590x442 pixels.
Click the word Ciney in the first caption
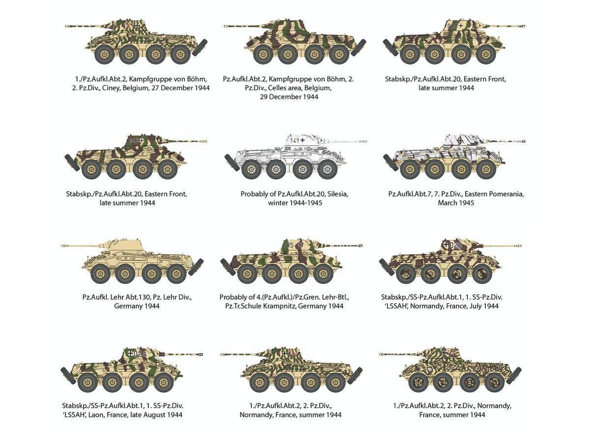pos(117,88)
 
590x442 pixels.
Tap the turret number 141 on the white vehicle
pos(294,140)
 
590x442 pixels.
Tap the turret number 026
pos(455,245)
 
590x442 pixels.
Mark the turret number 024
pos(140,353)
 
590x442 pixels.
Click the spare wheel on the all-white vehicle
pos(231,163)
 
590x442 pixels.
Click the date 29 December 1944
pos(289,97)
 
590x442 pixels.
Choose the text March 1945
pos(456,203)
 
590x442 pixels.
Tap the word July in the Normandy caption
pos(474,306)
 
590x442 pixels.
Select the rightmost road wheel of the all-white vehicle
pos(327,169)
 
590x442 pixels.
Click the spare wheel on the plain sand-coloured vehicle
pos(196,267)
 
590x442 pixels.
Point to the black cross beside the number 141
pos(303,140)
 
